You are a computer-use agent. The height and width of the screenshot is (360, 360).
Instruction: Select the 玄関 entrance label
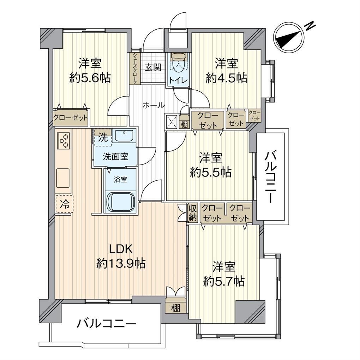point(153,67)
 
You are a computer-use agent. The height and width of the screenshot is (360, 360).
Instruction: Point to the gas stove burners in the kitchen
point(64,140)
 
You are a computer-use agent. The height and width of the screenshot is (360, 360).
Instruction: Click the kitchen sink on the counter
point(63,178)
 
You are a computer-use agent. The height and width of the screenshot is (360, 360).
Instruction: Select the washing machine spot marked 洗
point(102,138)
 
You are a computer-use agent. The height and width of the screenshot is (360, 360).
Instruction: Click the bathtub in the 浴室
point(120,202)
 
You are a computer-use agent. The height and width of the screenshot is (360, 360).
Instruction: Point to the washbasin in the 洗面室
point(124,136)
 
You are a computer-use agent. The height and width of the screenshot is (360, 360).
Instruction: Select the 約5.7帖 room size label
point(224,281)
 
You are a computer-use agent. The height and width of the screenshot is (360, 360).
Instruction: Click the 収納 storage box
point(193,213)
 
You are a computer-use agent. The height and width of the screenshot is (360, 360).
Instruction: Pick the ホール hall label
point(154,106)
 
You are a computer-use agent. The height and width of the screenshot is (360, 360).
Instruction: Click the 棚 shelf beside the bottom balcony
point(176,308)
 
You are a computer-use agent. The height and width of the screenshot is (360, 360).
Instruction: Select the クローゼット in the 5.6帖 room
point(71,118)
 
